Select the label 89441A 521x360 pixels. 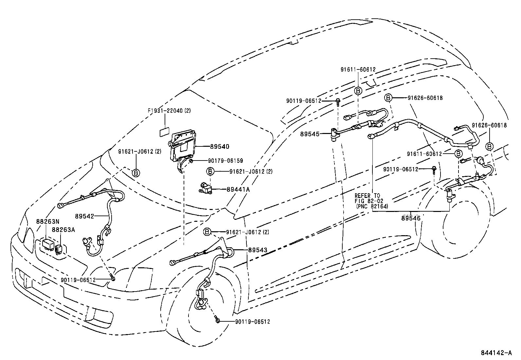pos(238,189)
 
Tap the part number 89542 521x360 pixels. pos(84,216)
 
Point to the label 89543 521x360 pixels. pos(258,250)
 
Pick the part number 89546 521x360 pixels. pos(411,218)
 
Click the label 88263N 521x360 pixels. pos(48,222)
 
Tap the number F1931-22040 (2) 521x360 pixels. pos(169,111)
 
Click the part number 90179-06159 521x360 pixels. pos(225,161)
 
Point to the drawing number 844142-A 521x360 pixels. pos(496,353)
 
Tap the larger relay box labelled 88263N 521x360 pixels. pos(48,244)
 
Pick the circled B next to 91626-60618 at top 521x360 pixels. pos(388,98)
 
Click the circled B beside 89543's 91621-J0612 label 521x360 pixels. pos(207,232)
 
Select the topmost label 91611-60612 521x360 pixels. pos(358,70)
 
